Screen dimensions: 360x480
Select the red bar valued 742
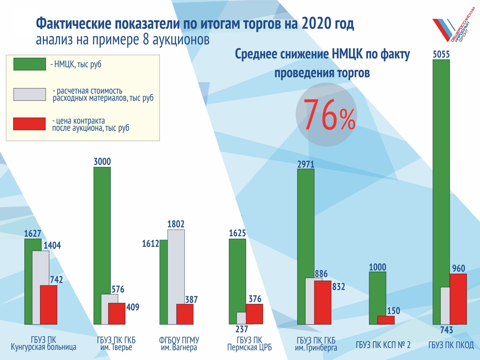[x=49, y=305]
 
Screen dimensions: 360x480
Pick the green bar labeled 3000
[x=102, y=227]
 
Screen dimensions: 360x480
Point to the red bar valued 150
[x=386, y=320]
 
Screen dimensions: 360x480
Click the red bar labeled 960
[x=458, y=299]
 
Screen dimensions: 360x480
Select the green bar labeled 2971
[x=306, y=223]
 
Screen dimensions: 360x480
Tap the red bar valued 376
[x=254, y=314]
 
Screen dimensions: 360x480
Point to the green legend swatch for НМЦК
[x=30, y=64]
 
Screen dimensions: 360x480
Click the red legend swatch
[x=30, y=124]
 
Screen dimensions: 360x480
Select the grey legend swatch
[x=30, y=94]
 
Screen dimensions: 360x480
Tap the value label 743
[x=446, y=330]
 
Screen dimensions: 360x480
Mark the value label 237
[x=242, y=329]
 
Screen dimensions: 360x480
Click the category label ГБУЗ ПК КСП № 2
[x=383, y=345]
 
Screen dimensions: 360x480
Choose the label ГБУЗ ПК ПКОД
[x=451, y=345]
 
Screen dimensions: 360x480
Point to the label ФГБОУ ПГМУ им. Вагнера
[x=179, y=344]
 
